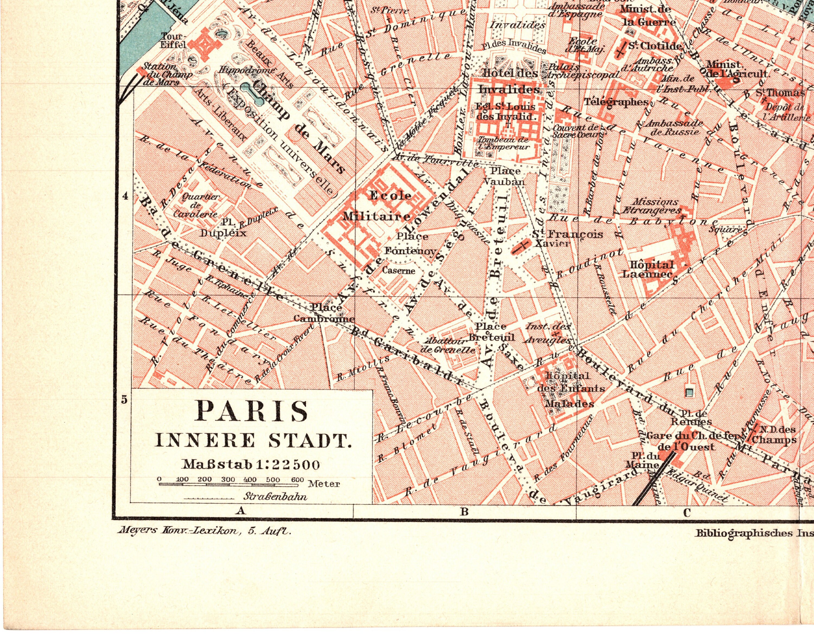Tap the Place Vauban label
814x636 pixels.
(504, 176)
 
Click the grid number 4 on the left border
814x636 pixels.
(126, 196)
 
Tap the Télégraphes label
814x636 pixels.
(616, 101)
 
